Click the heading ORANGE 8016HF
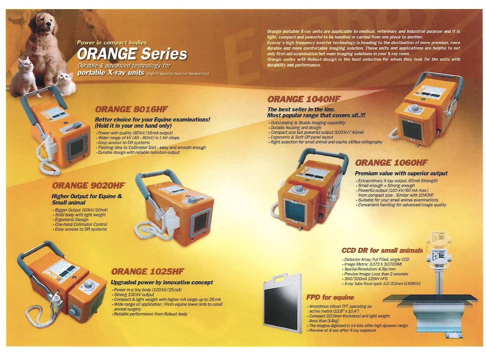tap(131, 109)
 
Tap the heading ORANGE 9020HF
tap(88, 185)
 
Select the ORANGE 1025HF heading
tap(148, 272)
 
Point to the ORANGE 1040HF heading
tap(304, 99)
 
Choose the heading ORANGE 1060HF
tap(391, 163)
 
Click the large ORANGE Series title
tap(132, 54)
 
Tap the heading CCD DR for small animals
tap(382, 251)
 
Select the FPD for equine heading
tap(330, 297)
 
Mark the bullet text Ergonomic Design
tap(71, 220)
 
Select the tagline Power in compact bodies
tap(112, 43)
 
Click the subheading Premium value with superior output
tap(401, 173)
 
